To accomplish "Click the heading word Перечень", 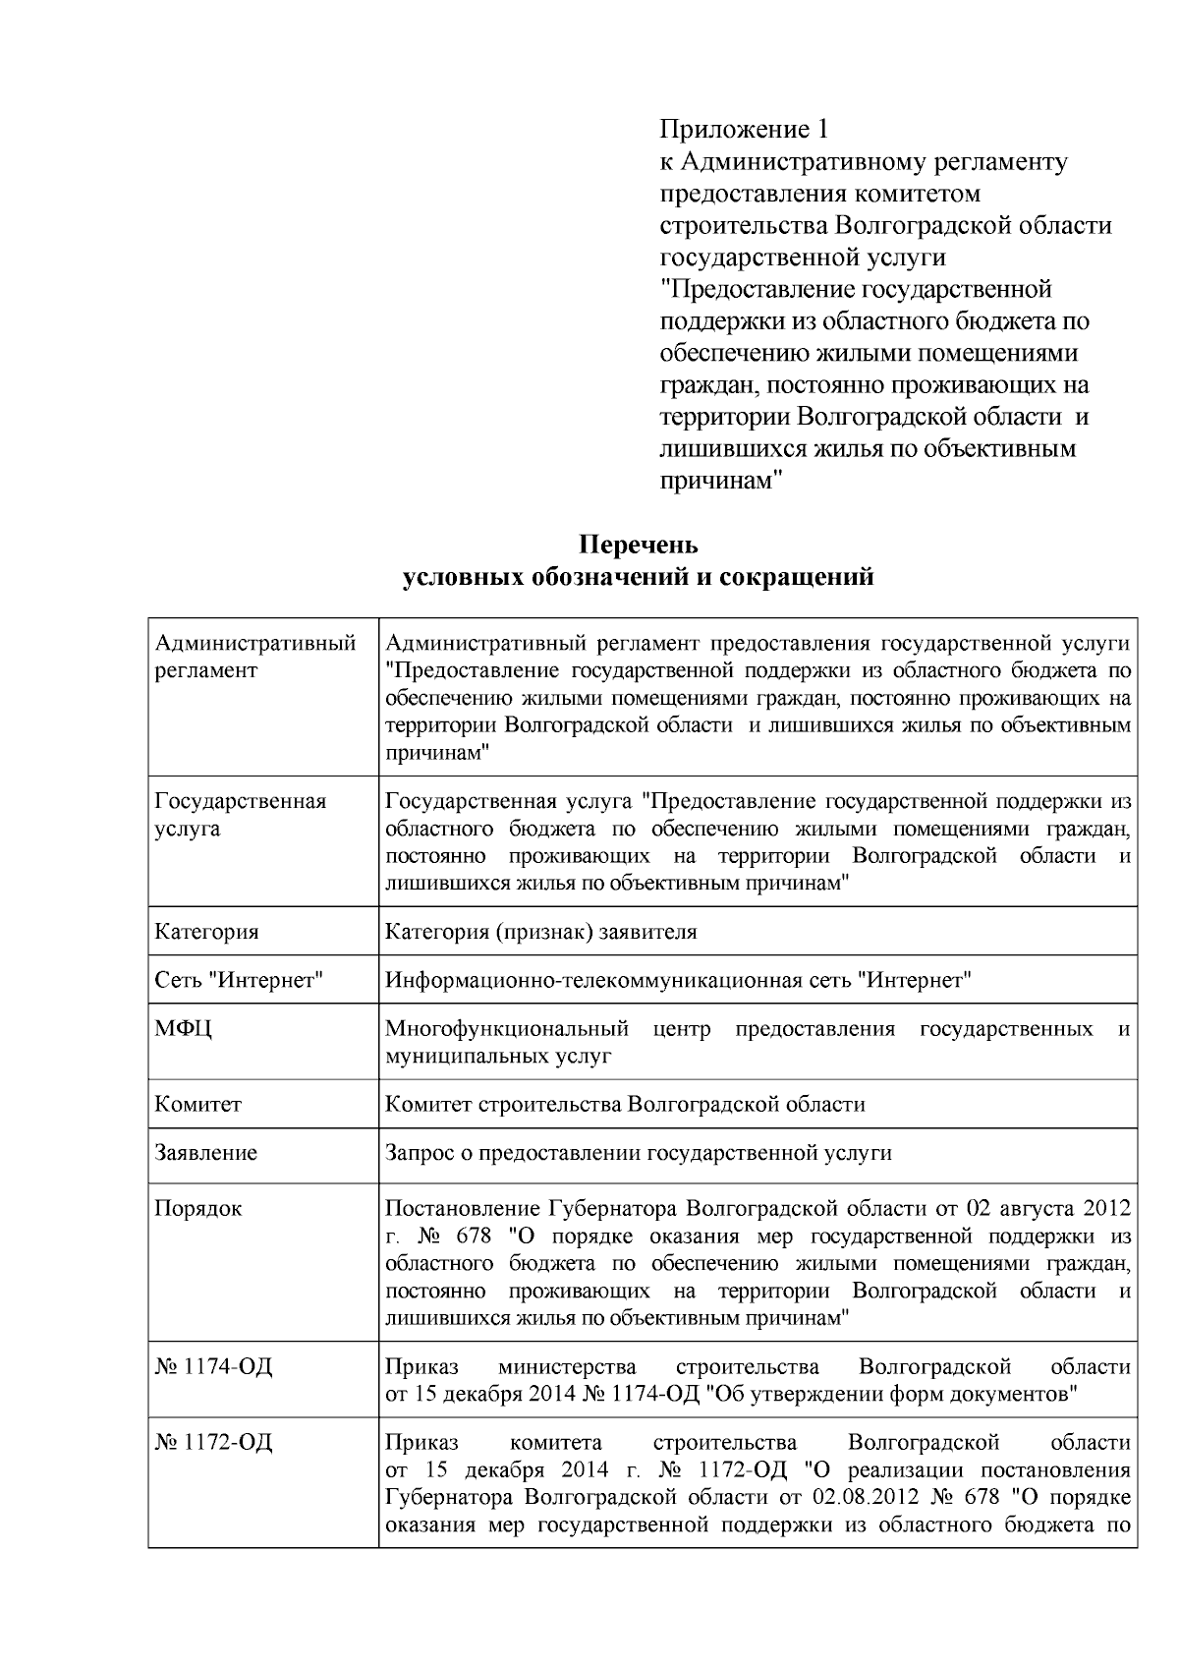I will (638, 545).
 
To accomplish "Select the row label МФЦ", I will (184, 1029).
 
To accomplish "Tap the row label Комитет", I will (198, 1104).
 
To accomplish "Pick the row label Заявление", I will (206, 1153).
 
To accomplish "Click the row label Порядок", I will (198, 1208).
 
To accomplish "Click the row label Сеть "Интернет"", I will (239, 980).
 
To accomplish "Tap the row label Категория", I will (207, 932).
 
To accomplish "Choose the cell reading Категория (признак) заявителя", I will (541, 932).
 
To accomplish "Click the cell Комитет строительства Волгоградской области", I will (625, 1104).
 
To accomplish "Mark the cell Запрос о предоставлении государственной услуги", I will (639, 1153).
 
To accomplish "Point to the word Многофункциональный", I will (507, 1029).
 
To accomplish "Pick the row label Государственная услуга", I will (241, 815).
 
